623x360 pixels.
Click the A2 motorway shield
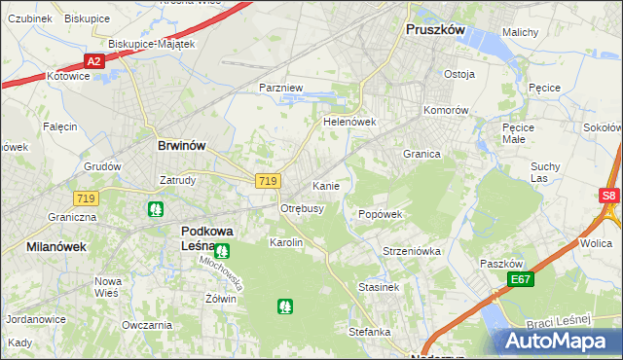(93, 61)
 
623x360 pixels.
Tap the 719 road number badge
(269, 181)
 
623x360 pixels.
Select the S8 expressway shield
(609, 196)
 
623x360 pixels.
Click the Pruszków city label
(435, 30)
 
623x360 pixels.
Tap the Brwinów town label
(181, 145)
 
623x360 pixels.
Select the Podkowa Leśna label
(206, 238)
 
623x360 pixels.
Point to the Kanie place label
(325, 185)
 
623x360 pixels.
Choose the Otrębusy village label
(302, 208)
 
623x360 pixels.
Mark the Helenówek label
(349, 123)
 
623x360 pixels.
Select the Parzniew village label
(282, 88)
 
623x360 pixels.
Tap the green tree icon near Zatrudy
(155, 208)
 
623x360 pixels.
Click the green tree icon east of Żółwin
(284, 306)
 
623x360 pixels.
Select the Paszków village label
(503, 264)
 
